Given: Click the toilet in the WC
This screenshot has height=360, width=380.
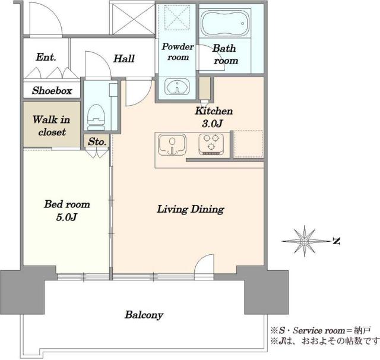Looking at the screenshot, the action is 96,118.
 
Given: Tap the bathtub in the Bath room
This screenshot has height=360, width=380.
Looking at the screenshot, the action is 225,23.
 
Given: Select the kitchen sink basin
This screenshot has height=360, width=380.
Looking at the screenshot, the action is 172,145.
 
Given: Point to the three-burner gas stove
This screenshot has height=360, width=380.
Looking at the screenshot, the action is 211,144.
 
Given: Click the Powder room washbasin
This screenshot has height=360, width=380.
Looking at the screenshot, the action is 177,86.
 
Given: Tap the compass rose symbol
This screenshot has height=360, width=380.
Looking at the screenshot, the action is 305,241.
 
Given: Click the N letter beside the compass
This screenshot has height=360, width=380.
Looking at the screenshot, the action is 336,241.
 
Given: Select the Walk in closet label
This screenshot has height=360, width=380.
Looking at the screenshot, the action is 52,125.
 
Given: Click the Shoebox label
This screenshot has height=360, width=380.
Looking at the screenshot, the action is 52,91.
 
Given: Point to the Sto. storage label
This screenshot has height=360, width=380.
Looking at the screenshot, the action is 97,141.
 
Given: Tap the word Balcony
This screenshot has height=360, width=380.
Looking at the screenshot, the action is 144,315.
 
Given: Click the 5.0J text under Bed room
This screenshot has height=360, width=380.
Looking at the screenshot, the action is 66,217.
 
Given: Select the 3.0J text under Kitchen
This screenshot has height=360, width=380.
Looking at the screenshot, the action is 213,124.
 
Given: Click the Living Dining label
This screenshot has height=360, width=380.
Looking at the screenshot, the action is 191,209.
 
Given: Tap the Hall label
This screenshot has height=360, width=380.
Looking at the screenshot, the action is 124,58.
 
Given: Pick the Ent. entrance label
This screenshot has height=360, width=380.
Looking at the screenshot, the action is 46,57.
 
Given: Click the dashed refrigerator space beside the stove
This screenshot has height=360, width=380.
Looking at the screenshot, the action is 248,144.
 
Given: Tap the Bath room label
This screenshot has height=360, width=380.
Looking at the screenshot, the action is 225,54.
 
